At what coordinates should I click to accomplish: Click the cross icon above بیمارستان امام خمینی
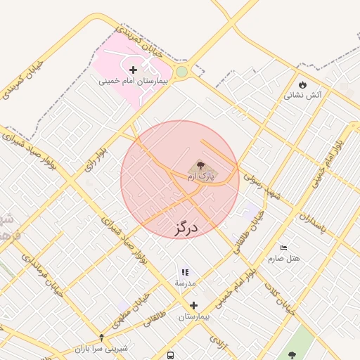(134, 69)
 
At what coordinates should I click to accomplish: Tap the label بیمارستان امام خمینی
(134, 81)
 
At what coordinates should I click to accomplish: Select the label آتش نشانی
(303, 94)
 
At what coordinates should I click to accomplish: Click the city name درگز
(186, 227)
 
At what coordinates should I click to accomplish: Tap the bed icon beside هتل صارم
(283, 248)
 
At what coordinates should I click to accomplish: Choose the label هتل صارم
(283, 258)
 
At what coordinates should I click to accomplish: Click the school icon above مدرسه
(186, 271)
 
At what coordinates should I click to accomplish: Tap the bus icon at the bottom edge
(171, 354)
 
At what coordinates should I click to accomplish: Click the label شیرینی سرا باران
(102, 348)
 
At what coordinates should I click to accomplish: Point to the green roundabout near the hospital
(182, 72)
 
